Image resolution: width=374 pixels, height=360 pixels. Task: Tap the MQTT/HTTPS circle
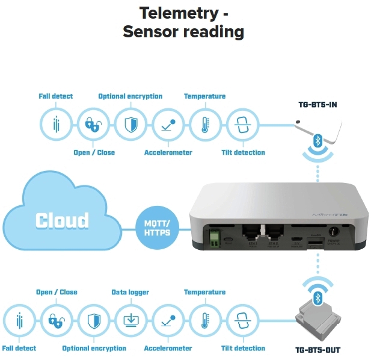[x=157, y=228]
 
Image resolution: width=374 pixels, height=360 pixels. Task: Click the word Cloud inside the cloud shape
[x=62, y=220]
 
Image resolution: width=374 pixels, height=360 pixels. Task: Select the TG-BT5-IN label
[x=317, y=105]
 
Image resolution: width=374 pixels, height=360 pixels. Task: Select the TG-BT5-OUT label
[x=319, y=349]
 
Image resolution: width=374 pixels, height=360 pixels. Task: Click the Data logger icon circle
[x=130, y=320]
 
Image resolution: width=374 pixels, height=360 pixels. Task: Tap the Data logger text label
[x=130, y=293]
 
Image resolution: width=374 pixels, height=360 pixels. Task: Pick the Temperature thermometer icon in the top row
[x=205, y=125]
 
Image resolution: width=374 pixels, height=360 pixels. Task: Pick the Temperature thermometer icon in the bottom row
[x=205, y=320]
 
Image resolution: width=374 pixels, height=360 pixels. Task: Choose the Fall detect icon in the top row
[x=56, y=125]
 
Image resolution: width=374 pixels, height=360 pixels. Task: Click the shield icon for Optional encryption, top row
[x=130, y=125]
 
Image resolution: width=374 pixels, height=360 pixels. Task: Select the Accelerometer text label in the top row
[x=168, y=153]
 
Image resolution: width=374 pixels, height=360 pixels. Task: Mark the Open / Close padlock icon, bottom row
[x=56, y=320]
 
